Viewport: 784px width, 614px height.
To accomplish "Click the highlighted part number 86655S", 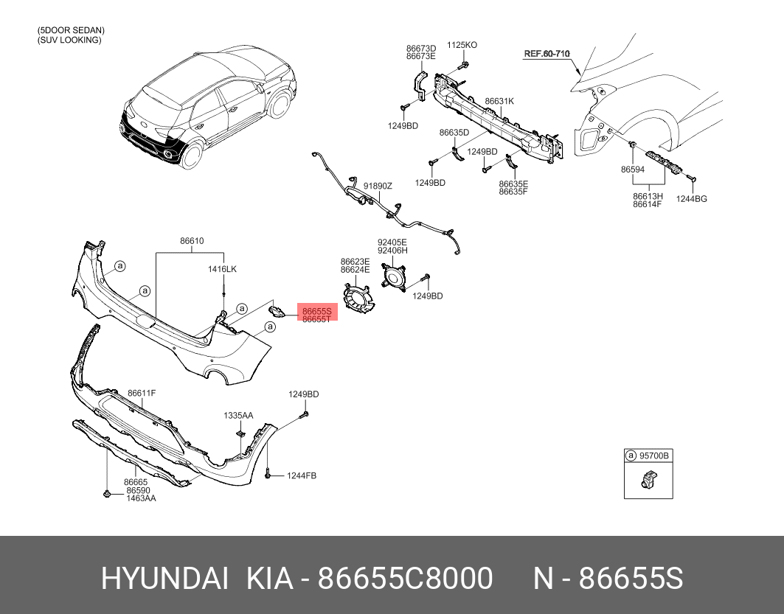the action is pyautogui.click(x=317, y=311).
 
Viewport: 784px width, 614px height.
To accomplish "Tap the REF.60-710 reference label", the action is pyautogui.click(x=547, y=54).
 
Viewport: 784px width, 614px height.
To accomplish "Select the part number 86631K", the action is pyautogui.click(x=499, y=102).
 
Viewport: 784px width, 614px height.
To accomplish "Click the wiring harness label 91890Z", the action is pyautogui.click(x=378, y=186).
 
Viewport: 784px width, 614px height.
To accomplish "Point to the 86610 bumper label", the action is pyautogui.click(x=192, y=241).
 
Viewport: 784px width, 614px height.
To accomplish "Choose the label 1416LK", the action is pyautogui.click(x=222, y=269).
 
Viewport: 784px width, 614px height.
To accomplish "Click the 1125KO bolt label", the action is pyautogui.click(x=462, y=45).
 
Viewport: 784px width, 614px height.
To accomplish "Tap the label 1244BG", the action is pyautogui.click(x=692, y=199).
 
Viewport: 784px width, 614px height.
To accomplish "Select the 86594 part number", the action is pyautogui.click(x=633, y=170).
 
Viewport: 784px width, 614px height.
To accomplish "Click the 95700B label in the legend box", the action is pyautogui.click(x=654, y=456).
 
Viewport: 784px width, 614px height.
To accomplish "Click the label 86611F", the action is pyautogui.click(x=142, y=393).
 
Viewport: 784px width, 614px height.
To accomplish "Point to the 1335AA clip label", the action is pyautogui.click(x=238, y=416).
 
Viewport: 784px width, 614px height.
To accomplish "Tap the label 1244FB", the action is pyautogui.click(x=302, y=475).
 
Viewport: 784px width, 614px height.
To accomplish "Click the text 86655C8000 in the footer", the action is pyautogui.click(x=406, y=579).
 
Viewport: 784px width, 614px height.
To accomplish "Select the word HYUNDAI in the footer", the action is pyautogui.click(x=165, y=579).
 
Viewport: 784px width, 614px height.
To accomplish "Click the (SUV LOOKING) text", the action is pyautogui.click(x=69, y=40).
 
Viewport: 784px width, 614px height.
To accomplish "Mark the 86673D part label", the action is pyautogui.click(x=420, y=49).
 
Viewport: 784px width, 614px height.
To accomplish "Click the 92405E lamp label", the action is pyautogui.click(x=392, y=243).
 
